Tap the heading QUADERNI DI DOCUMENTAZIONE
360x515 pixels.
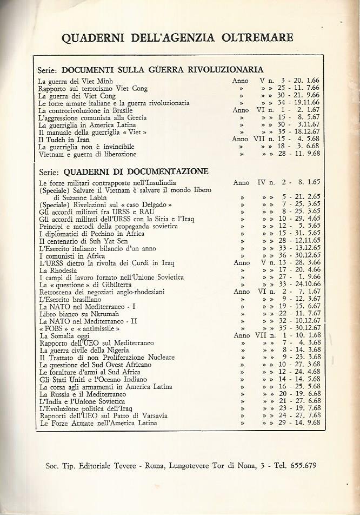pos(135,171)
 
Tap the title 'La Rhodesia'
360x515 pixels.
pos(58,270)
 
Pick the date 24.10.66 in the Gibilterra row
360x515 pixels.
pos(306,285)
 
